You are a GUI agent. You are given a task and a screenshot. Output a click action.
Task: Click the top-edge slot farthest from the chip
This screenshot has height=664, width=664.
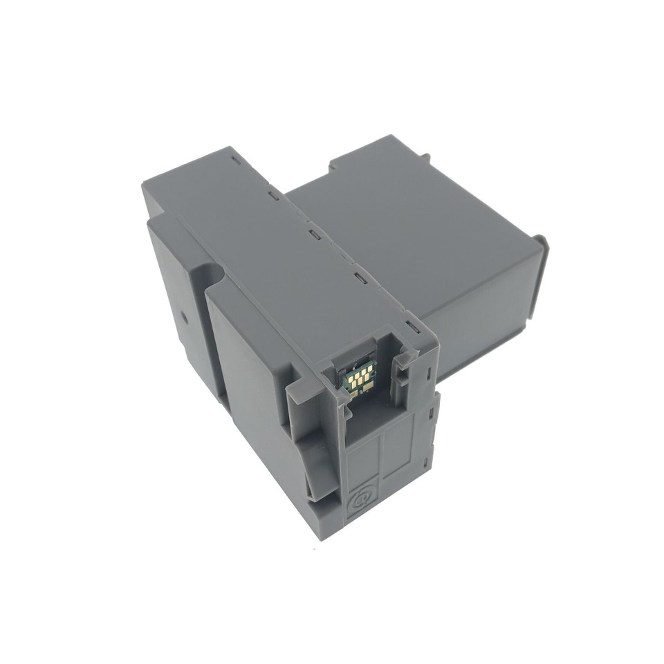coord(237,160)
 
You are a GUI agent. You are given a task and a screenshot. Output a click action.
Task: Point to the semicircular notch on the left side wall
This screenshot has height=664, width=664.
coord(211,273)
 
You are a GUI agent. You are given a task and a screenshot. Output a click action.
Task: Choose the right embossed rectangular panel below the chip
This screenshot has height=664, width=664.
coord(399,450)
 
